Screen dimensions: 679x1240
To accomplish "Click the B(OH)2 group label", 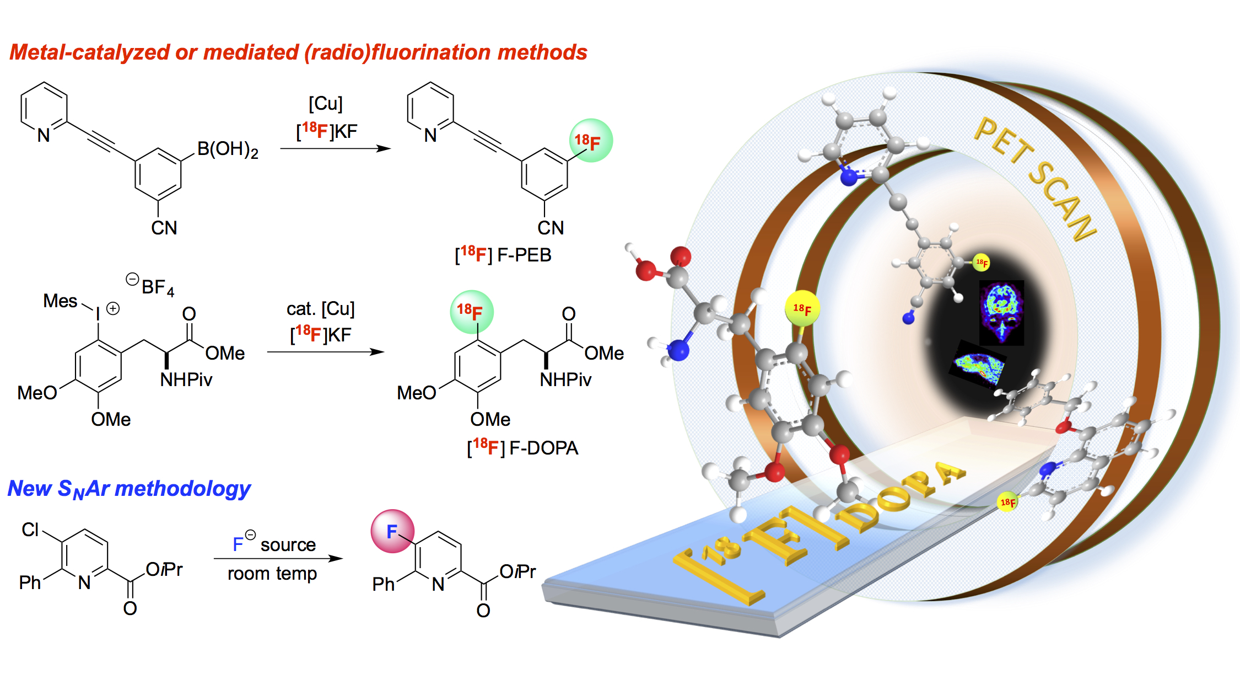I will pos(227,149).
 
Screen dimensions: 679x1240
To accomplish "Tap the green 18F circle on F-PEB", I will pos(590,141).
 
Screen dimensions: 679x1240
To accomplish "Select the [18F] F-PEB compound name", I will pos(503,255).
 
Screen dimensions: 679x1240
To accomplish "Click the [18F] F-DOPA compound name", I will pos(522,447).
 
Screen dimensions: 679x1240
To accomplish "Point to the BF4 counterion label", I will pos(157,287).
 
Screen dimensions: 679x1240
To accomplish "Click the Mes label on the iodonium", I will pos(60,301).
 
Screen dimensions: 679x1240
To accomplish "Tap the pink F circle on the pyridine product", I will pos(392,531).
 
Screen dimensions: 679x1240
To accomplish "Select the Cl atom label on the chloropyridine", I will pos(30,530).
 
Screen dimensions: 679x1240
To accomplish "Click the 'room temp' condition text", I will pos(272,574).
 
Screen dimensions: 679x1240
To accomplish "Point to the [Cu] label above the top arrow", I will pos(325,103).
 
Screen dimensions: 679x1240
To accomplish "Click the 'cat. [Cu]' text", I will pos(320,309).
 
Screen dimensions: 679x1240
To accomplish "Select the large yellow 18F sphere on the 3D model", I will pos(802,308).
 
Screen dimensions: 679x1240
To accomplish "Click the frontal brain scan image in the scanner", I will pos(1001,312).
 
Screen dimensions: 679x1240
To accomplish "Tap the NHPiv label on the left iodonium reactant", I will pos(186,379).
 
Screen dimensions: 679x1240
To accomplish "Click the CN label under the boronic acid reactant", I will pos(164,228).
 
